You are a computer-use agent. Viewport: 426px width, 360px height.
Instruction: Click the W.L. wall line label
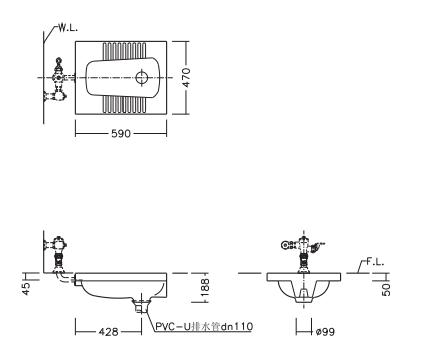(x=68, y=28)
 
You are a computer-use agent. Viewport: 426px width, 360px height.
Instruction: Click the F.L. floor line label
(x=375, y=262)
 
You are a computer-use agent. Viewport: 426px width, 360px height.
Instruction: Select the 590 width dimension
(x=121, y=134)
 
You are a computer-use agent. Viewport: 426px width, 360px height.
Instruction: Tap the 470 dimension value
(x=186, y=78)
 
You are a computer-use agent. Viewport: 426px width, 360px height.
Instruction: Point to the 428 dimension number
(x=108, y=332)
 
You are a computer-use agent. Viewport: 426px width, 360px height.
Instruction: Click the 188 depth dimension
(x=205, y=288)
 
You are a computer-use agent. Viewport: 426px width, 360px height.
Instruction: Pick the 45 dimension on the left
(x=26, y=288)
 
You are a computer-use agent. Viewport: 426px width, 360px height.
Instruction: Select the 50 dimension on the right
(x=386, y=289)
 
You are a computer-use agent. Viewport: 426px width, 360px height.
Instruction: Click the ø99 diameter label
(x=325, y=332)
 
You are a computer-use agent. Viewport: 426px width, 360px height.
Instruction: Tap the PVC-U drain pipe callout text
(x=204, y=326)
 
